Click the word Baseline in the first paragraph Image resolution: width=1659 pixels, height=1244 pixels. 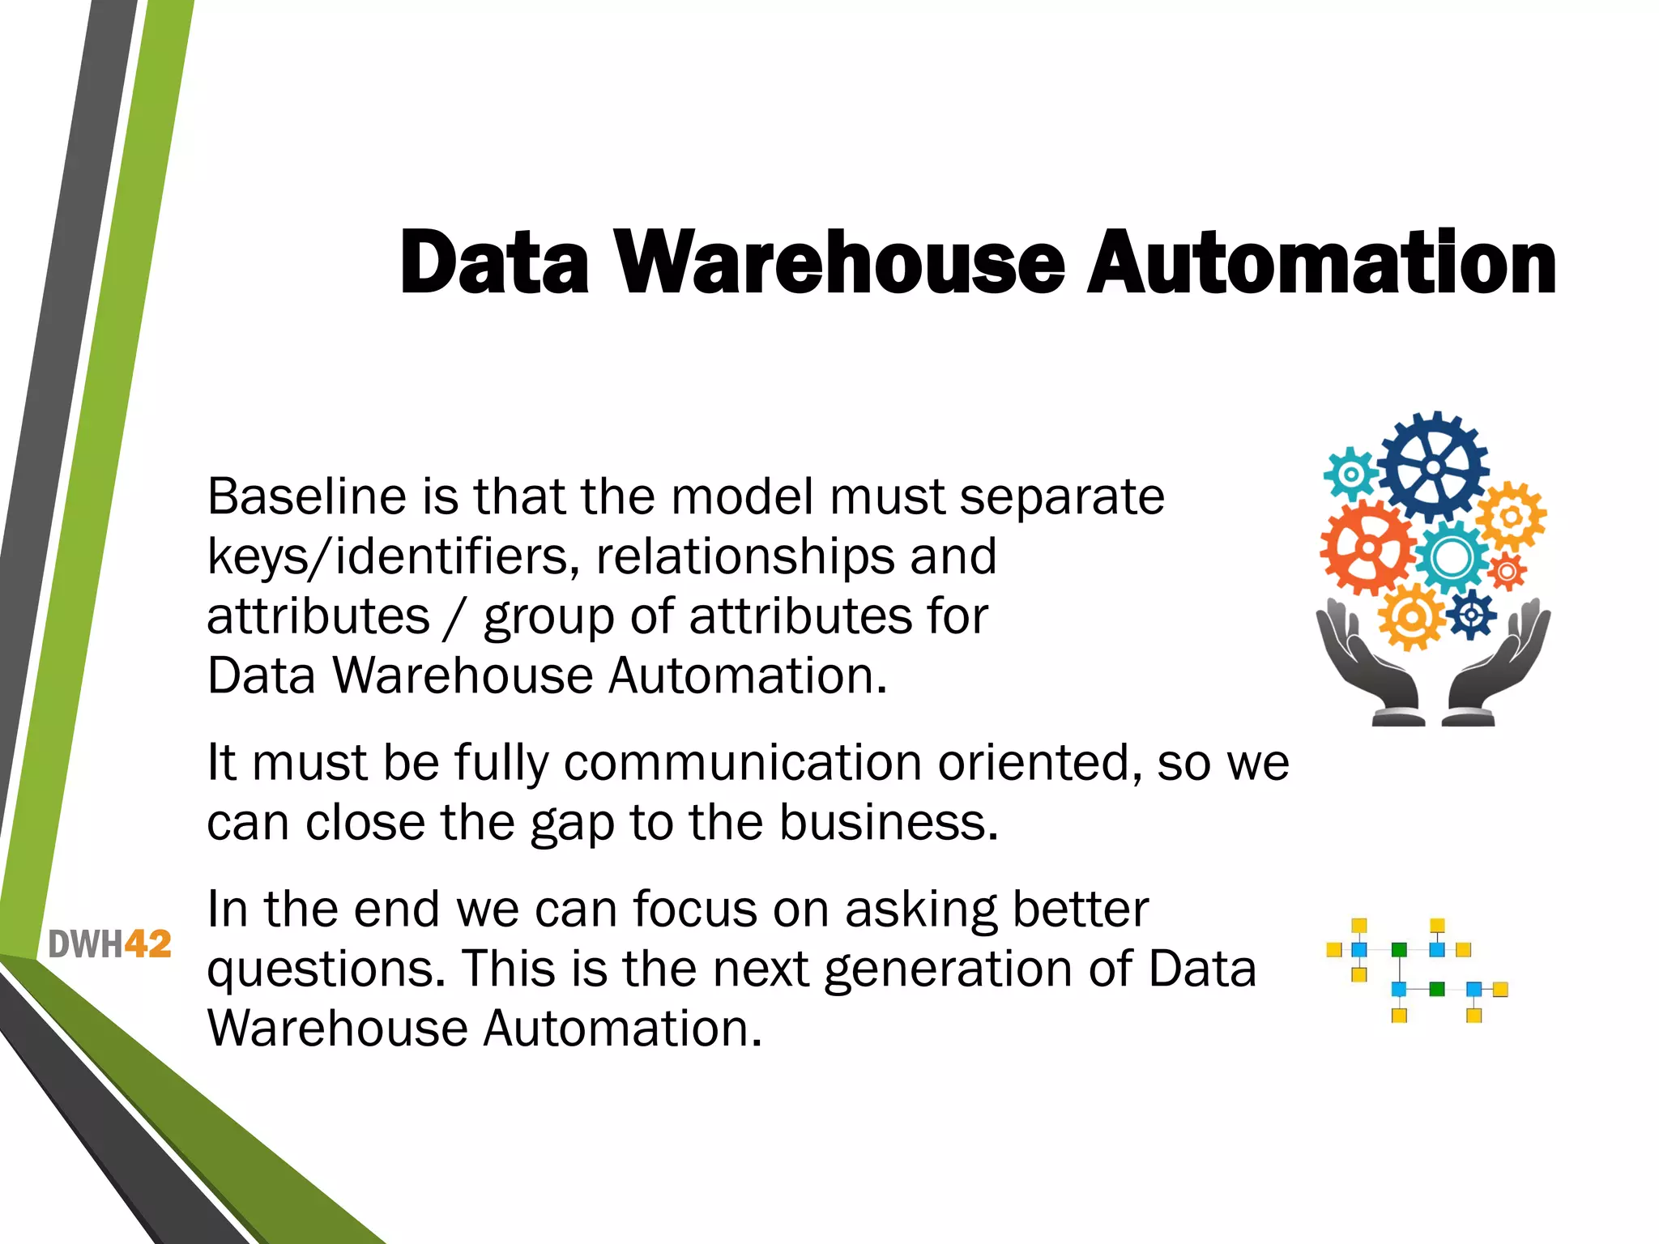306,496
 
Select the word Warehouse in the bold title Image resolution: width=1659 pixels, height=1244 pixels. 840,263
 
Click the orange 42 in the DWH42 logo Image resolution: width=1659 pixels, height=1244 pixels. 148,944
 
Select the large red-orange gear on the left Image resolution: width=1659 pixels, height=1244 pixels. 1368,547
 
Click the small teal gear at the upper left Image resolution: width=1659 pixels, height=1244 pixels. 1350,472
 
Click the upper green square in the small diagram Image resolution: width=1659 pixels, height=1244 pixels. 1399,949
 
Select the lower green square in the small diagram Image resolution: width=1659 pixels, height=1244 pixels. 1437,989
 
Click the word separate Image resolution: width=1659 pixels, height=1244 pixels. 1062,496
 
